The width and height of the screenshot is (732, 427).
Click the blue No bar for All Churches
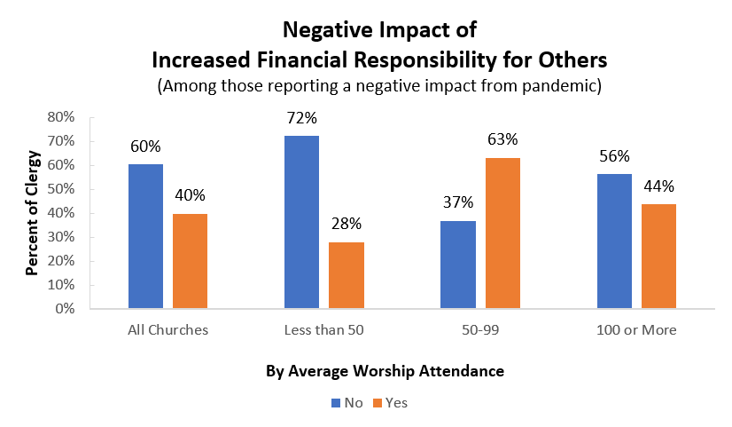145,237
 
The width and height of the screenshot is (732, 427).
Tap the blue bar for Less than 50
301,223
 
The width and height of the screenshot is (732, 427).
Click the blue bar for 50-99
457,265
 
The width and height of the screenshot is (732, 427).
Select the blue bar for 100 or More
613,241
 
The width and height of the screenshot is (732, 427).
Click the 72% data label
301,118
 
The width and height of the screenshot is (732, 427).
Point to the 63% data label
502,139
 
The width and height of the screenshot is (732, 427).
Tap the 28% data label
346,224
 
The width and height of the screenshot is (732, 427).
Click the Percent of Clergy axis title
32,213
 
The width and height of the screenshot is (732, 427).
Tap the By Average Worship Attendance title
385,371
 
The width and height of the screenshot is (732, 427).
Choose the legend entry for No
347,402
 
